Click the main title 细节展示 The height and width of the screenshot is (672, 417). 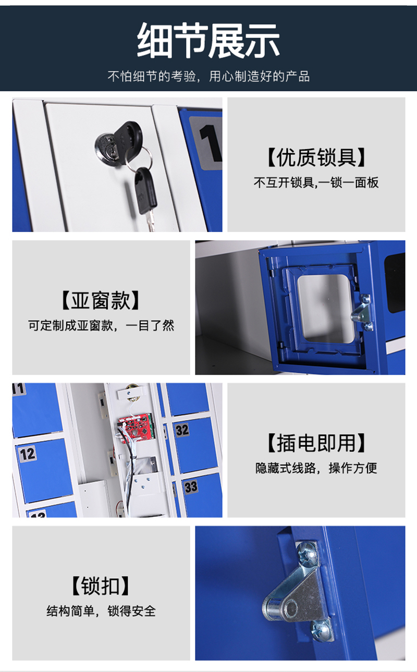pyautogui.click(x=208, y=41)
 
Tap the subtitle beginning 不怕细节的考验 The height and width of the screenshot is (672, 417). pyautogui.click(x=208, y=77)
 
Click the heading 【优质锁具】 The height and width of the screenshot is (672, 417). pyautogui.click(x=316, y=157)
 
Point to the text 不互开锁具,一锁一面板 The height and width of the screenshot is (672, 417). pyautogui.click(x=316, y=182)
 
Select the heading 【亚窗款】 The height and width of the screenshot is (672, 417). pyautogui.click(x=101, y=300)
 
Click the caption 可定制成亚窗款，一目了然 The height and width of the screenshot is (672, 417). pyautogui.click(x=101, y=325)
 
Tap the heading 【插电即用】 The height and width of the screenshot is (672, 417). pyautogui.click(x=316, y=443)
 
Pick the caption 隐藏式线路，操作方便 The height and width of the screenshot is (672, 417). pyautogui.click(x=316, y=468)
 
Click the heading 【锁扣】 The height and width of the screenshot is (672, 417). pyautogui.click(x=101, y=585)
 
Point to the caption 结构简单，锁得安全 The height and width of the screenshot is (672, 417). pyautogui.click(x=101, y=611)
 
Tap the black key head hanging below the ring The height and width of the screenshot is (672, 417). pyautogui.click(x=145, y=190)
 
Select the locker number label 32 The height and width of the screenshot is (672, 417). pyautogui.click(x=182, y=430)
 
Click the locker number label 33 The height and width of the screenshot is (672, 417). pyautogui.click(x=191, y=486)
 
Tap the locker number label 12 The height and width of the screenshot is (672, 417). pyautogui.click(x=27, y=454)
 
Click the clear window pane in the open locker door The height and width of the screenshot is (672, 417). pyautogui.click(x=325, y=308)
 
